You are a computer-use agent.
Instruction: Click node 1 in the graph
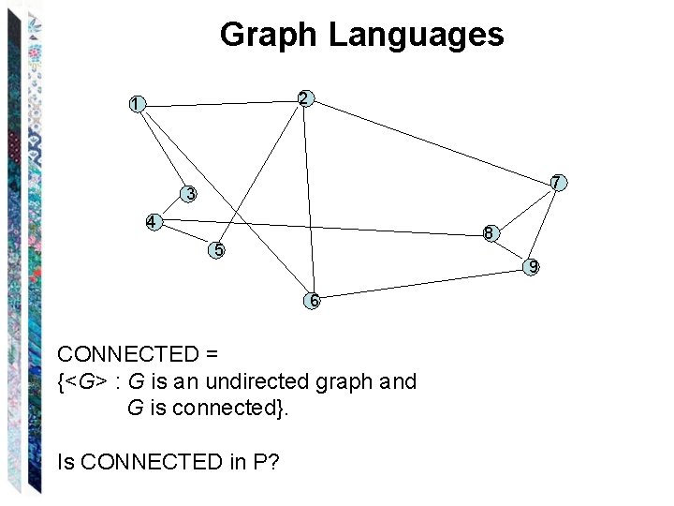[138, 104]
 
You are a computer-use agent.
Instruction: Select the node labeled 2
[304, 97]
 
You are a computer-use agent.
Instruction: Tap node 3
[190, 194]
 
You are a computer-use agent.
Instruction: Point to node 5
[217, 249]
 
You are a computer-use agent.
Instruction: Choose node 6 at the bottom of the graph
[314, 301]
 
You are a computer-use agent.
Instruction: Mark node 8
[490, 233]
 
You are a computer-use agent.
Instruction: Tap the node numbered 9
[532, 267]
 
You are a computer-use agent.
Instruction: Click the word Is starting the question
[66, 461]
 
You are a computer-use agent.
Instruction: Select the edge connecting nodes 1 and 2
[221, 101]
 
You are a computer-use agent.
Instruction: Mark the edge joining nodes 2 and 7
[431, 141]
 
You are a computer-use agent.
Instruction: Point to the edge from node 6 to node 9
[422, 284]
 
